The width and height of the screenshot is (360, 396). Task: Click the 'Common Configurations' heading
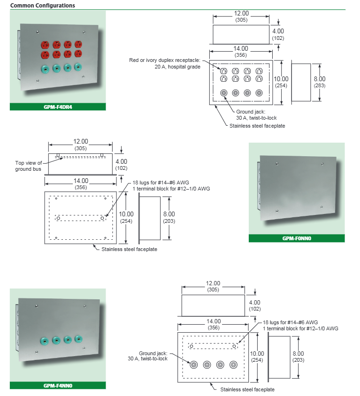coord(43,6)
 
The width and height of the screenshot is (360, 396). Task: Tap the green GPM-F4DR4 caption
coord(58,107)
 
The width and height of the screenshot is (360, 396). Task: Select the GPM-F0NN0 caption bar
coord(297,238)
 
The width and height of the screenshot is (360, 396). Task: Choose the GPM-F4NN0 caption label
coord(58,386)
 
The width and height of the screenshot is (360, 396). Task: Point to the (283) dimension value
coord(320,85)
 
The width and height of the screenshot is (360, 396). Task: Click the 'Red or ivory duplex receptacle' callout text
coord(165,61)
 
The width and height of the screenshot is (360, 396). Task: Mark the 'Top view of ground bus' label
coord(28,166)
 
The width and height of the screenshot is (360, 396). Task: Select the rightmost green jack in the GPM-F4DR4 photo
coord(78,68)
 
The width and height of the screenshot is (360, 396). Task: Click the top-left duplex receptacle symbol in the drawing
coord(224,71)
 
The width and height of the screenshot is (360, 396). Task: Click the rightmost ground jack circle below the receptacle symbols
coord(259,93)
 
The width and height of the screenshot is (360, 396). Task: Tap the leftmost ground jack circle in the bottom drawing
coord(193,364)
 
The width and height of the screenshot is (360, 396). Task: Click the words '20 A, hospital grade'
coord(177,67)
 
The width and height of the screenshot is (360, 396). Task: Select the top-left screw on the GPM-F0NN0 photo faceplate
coord(278,163)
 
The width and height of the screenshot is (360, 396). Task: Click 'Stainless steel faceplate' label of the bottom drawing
coord(247,389)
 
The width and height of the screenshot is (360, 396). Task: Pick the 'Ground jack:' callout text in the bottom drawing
coord(153,353)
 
